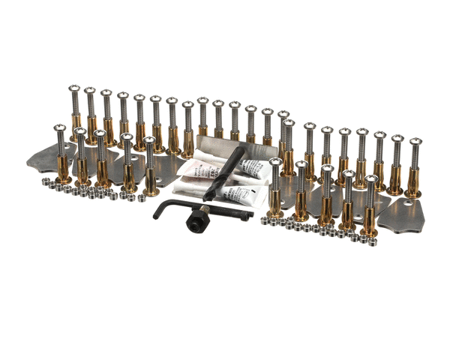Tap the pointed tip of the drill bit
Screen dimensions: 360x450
(207, 199)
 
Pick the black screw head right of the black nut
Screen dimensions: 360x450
(245, 216)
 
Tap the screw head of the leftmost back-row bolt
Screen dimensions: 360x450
(74, 89)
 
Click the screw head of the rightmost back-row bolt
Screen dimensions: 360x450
(414, 142)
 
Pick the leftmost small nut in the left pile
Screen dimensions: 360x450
(44, 183)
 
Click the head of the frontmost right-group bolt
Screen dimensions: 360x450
(370, 181)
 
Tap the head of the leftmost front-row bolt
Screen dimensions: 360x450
(60, 127)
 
